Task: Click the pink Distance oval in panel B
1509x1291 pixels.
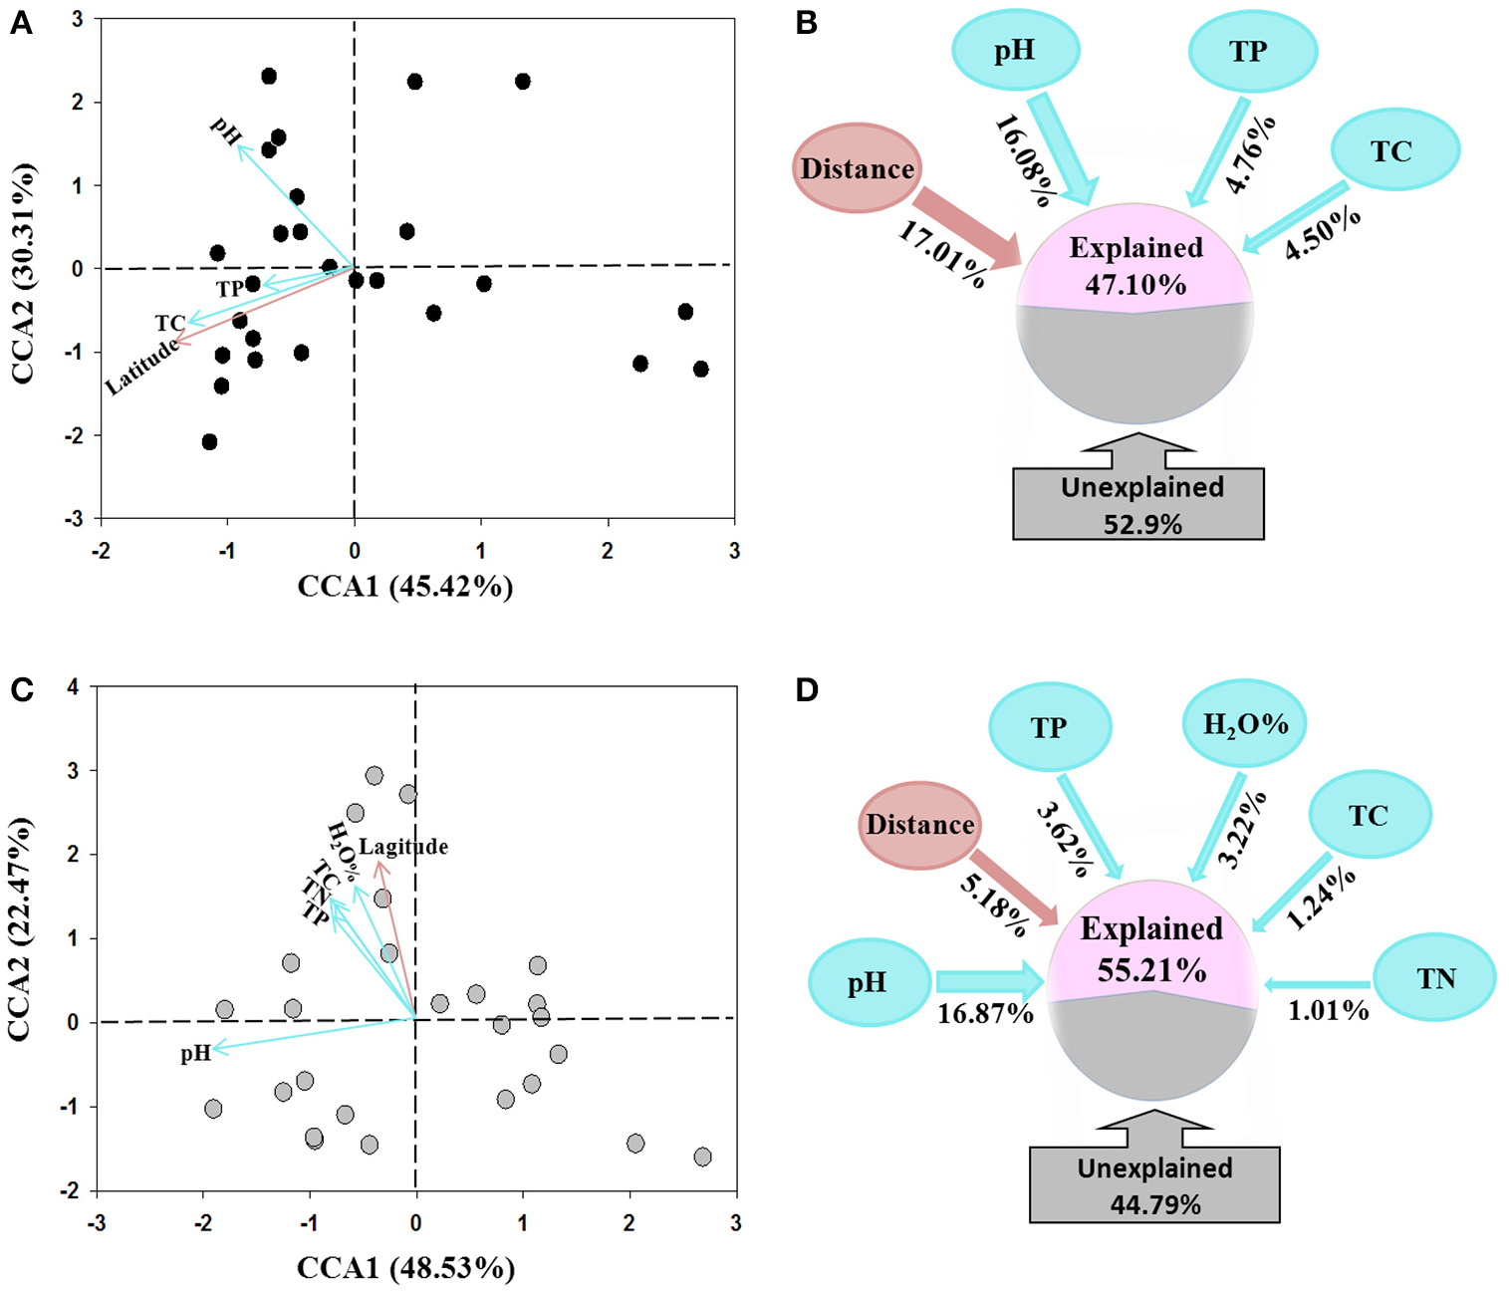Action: (857, 168)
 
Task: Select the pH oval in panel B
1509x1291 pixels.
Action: (1015, 50)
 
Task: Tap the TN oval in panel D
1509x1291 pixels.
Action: (1434, 979)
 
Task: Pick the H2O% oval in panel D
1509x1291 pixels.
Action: (1244, 724)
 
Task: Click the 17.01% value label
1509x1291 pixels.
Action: (942, 254)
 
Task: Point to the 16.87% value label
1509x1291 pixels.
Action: (984, 1014)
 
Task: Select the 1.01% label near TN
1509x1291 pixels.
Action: (1328, 1011)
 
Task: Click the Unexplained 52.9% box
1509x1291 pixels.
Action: (1138, 504)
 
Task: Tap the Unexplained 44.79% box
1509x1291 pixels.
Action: (1154, 1185)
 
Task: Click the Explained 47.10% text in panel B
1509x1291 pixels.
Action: (1135, 266)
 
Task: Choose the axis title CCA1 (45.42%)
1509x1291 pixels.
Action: (405, 586)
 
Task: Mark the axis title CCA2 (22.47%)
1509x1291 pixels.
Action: (20, 928)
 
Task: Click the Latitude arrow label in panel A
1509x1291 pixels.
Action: (143, 367)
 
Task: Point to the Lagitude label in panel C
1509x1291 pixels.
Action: (403, 847)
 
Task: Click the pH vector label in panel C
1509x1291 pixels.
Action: (195, 1053)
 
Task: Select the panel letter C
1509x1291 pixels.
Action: (21, 689)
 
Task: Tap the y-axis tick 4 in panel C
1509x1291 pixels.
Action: (73, 687)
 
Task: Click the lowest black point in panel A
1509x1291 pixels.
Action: (209, 441)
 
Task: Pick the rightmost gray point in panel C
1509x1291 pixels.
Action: (702, 1157)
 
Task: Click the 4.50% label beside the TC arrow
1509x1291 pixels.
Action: (1322, 233)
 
